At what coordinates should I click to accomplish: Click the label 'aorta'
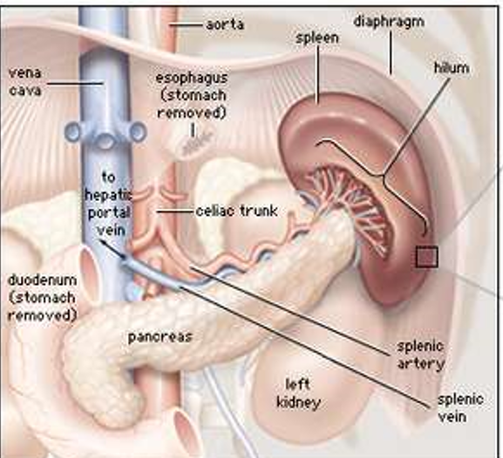pyautogui.click(x=225, y=24)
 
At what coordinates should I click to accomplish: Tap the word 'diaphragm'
pyautogui.click(x=389, y=23)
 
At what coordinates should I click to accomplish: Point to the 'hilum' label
pyautogui.click(x=452, y=68)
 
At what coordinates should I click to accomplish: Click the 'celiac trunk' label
pyautogui.click(x=237, y=212)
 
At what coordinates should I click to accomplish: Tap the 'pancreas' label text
pyautogui.click(x=160, y=338)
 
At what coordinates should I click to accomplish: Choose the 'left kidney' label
pyautogui.click(x=298, y=394)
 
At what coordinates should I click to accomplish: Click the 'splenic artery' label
pyautogui.click(x=420, y=355)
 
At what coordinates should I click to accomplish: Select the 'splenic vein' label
pyautogui.click(x=460, y=408)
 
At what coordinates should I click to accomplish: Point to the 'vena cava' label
pyautogui.click(x=25, y=82)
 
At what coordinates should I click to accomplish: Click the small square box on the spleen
pyautogui.click(x=427, y=257)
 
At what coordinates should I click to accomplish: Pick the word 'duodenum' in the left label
pyautogui.click(x=42, y=280)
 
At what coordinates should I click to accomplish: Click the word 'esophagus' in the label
pyautogui.click(x=192, y=78)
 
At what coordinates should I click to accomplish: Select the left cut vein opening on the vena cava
pyautogui.click(x=73, y=131)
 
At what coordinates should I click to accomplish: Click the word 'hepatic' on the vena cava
pyautogui.click(x=108, y=194)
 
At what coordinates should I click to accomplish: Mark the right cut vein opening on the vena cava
pyautogui.click(x=139, y=131)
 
